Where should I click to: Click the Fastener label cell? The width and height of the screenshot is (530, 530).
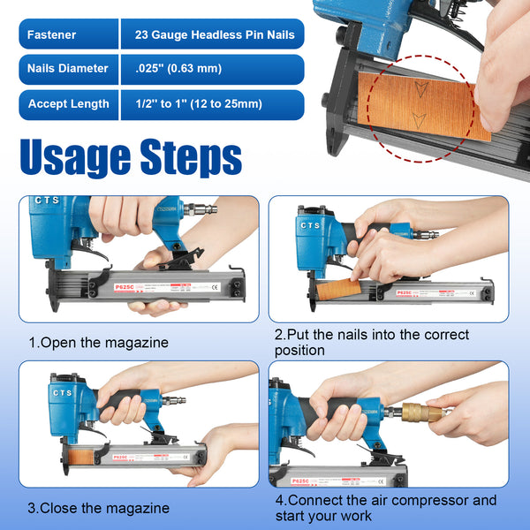67,35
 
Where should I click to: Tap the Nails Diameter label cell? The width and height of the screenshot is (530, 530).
67,69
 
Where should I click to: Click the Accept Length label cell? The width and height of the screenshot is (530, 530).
67,104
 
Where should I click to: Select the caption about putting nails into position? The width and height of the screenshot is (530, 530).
371,343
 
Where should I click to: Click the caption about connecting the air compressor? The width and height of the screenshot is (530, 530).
385,507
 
